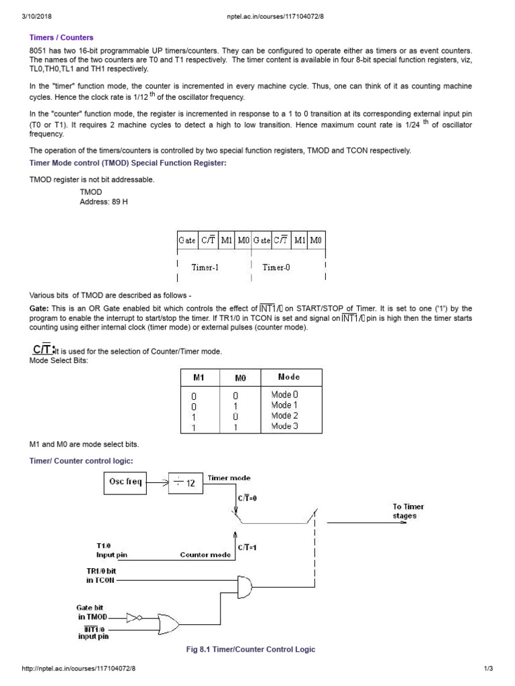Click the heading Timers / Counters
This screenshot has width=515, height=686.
coord(61,38)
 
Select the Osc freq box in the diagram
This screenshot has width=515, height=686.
coord(126,482)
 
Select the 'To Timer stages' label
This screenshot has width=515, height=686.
coord(408,511)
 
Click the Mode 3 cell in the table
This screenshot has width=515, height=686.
coord(284,426)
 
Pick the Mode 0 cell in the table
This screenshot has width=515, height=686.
coord(284,395)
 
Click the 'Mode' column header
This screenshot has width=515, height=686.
coord(289,377)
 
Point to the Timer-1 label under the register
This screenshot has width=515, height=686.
coord(205,267)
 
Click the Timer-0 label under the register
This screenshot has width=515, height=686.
coord(276,267)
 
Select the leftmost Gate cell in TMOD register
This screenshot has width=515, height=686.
coord(187,239)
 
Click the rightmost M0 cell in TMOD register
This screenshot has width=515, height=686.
coord(316,239)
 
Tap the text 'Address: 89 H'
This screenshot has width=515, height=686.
coord(103,201)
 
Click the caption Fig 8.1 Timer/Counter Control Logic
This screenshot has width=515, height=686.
coord(250,649)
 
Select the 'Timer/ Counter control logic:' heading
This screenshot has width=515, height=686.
coord(81,460)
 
